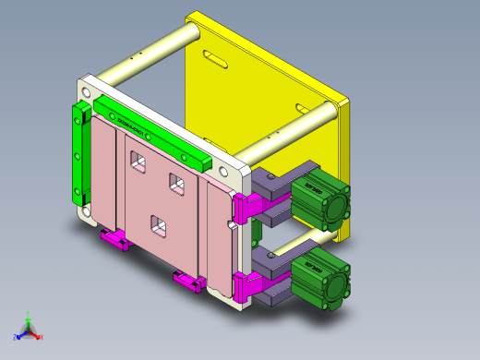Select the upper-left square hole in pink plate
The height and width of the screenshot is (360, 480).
click(x=138, y=163)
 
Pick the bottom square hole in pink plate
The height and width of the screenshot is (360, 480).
click(x=158, y=224)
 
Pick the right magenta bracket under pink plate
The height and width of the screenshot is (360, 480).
click(x=189, y=281)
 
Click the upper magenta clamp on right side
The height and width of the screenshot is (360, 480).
click(x=246, y=207)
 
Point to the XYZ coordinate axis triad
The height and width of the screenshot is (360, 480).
click(x=28, y=328)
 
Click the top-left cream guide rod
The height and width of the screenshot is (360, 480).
click(x=148, y=55)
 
